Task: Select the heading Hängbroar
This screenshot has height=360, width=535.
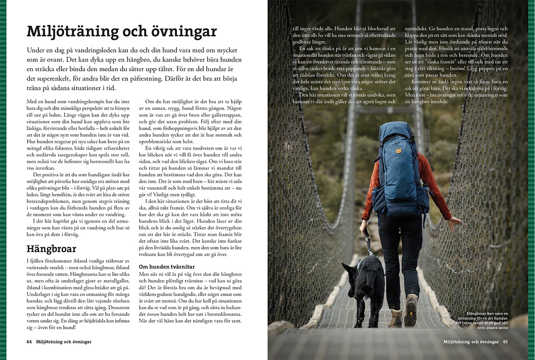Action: point(51,248)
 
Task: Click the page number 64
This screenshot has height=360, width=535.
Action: point(29,342)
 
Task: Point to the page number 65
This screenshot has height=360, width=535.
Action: point(506,342)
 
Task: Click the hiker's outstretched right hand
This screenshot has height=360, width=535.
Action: point(453,221)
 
